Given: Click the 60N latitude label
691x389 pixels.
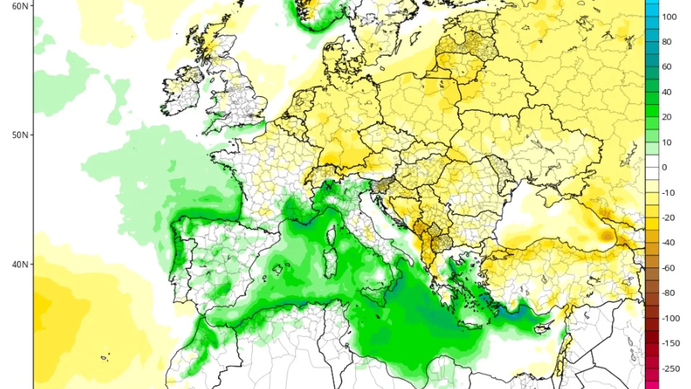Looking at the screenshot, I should point(19,6).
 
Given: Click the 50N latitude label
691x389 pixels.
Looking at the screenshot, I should point(19,135).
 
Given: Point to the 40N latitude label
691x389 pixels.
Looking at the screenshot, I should point(19,264).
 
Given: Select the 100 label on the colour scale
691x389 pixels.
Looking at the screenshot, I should point(669,17).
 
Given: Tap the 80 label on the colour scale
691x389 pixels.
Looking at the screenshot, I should point(667,42).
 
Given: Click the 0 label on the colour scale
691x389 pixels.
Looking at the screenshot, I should point(664,167).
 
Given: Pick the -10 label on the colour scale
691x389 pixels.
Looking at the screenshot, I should point(668,193).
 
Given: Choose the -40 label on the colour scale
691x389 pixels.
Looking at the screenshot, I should point(668,242).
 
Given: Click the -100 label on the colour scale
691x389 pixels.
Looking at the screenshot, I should point(670,318).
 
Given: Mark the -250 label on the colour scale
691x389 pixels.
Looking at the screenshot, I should point(670,369).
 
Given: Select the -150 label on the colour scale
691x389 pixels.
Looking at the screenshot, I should point(670,343).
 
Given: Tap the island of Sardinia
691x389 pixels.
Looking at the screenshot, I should point(330,263).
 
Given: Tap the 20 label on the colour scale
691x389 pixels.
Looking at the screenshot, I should point(667,117).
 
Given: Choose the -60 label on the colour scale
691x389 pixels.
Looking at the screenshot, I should point(668,268).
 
